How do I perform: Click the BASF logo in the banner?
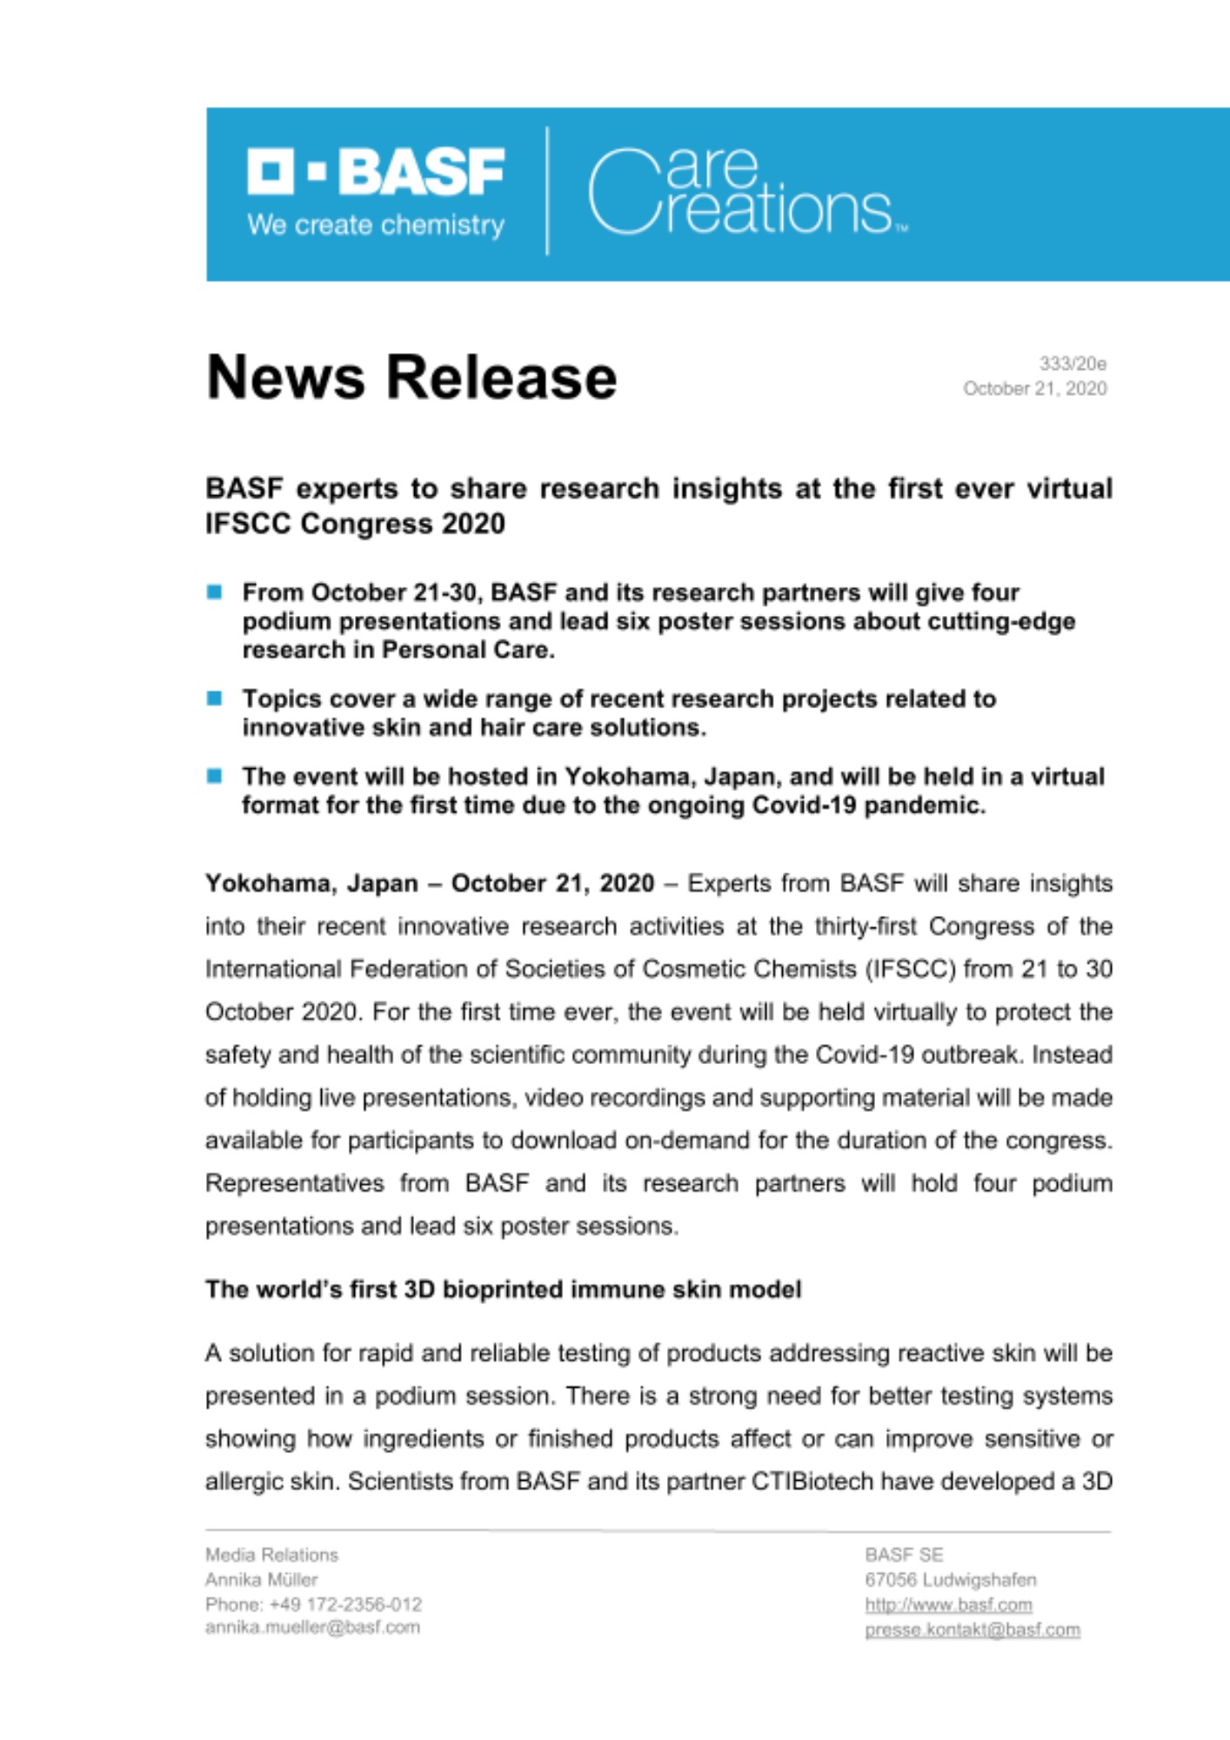pyautogui.click(x=376, y=172)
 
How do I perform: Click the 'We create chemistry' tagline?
pyautogui.click(x=376, y=225)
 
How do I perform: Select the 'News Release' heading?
pyautogui.click(x=411, y=378)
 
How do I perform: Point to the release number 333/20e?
pyautogui.click(x=1073, y=364)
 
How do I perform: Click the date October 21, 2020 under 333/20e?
pyautogui.click(x=1034, y=389)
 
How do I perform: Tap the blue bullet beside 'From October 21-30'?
pyautogui.click(x=215, y=592)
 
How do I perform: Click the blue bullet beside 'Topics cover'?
pyautogui.click(x=215, y=699)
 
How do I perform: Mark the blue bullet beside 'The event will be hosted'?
pyautogui.click(x=215, y=776)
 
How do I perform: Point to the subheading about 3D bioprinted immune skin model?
pyautogui.click(x=503, y=1289)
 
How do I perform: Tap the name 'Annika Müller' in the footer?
pyautogui.click(x=261, y=1580)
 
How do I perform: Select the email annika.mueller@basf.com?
pyautogui.click(x=312, y=1627)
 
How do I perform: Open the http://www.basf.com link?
pyautogui.click(x=948, y=1605)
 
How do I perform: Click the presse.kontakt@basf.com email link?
pyautogui.click(x=973, y=1630)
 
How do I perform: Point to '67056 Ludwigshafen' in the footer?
pyautogui.click(x=950, y=1580)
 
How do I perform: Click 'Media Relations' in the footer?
pyautogui.click(x=271, y=1555)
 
